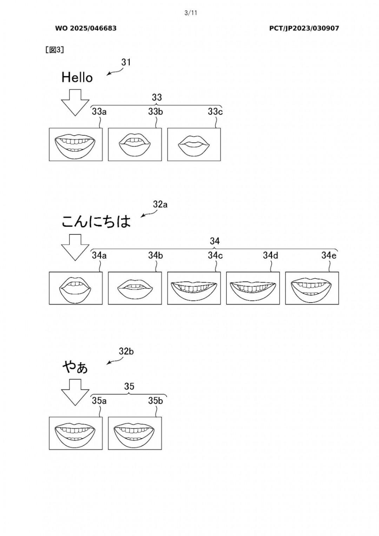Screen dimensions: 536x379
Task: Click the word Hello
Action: [77, 77]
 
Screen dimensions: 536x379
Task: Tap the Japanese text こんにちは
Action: [96, 222]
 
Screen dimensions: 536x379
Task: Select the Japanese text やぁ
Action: [75, 367]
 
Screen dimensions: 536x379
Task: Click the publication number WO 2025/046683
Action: [86, 28]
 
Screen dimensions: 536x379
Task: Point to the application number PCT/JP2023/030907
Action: [304, 28]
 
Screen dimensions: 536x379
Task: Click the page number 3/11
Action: [191, 13]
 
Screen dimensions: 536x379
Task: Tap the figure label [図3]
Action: [55, 50]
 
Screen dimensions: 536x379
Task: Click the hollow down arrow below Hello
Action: [75, 102]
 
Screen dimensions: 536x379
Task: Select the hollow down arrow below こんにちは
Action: [75, 247]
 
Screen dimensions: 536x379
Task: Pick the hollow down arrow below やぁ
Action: [75, 392]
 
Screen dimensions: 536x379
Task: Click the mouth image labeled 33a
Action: [75, 144]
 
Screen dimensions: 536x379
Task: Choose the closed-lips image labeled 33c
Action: [194, 144]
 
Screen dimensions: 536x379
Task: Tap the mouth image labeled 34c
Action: [194, 288]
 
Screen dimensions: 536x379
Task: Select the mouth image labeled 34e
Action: [312, 288]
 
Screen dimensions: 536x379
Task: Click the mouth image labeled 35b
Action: [135, 433]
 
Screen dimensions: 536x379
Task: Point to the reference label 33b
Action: [155, 112]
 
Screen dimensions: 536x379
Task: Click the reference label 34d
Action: [271, 256]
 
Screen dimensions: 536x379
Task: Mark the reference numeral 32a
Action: [160, 204]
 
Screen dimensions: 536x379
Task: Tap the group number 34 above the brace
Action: [215, 241]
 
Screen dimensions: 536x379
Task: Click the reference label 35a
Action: [99, 401]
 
